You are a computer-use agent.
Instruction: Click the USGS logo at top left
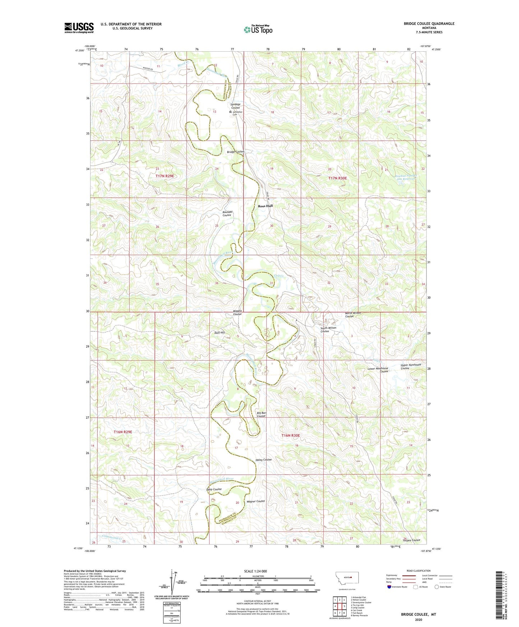coord(79,28)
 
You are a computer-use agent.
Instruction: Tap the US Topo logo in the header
coord(258,29)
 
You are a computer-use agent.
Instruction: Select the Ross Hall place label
coord(265,206)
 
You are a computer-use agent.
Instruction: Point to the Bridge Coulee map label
coord(235,152)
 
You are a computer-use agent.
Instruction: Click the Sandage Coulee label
coord(235,106)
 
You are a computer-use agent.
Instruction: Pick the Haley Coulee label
coord(263,460)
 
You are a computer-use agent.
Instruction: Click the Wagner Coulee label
coord(256,501)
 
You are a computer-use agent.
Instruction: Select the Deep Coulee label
coord(214,489)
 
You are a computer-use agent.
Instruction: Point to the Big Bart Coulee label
coord(261,414)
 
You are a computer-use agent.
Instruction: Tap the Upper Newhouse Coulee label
coord(411,366)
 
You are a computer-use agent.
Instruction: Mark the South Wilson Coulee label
coord(328,329)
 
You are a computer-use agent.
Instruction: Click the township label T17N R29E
coord(164,176)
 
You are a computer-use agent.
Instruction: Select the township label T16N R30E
coord(290,435)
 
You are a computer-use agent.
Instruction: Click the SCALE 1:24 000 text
coord(254,571)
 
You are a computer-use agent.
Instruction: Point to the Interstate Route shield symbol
coord(389,587)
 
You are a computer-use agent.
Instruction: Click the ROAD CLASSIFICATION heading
coord(419,571)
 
